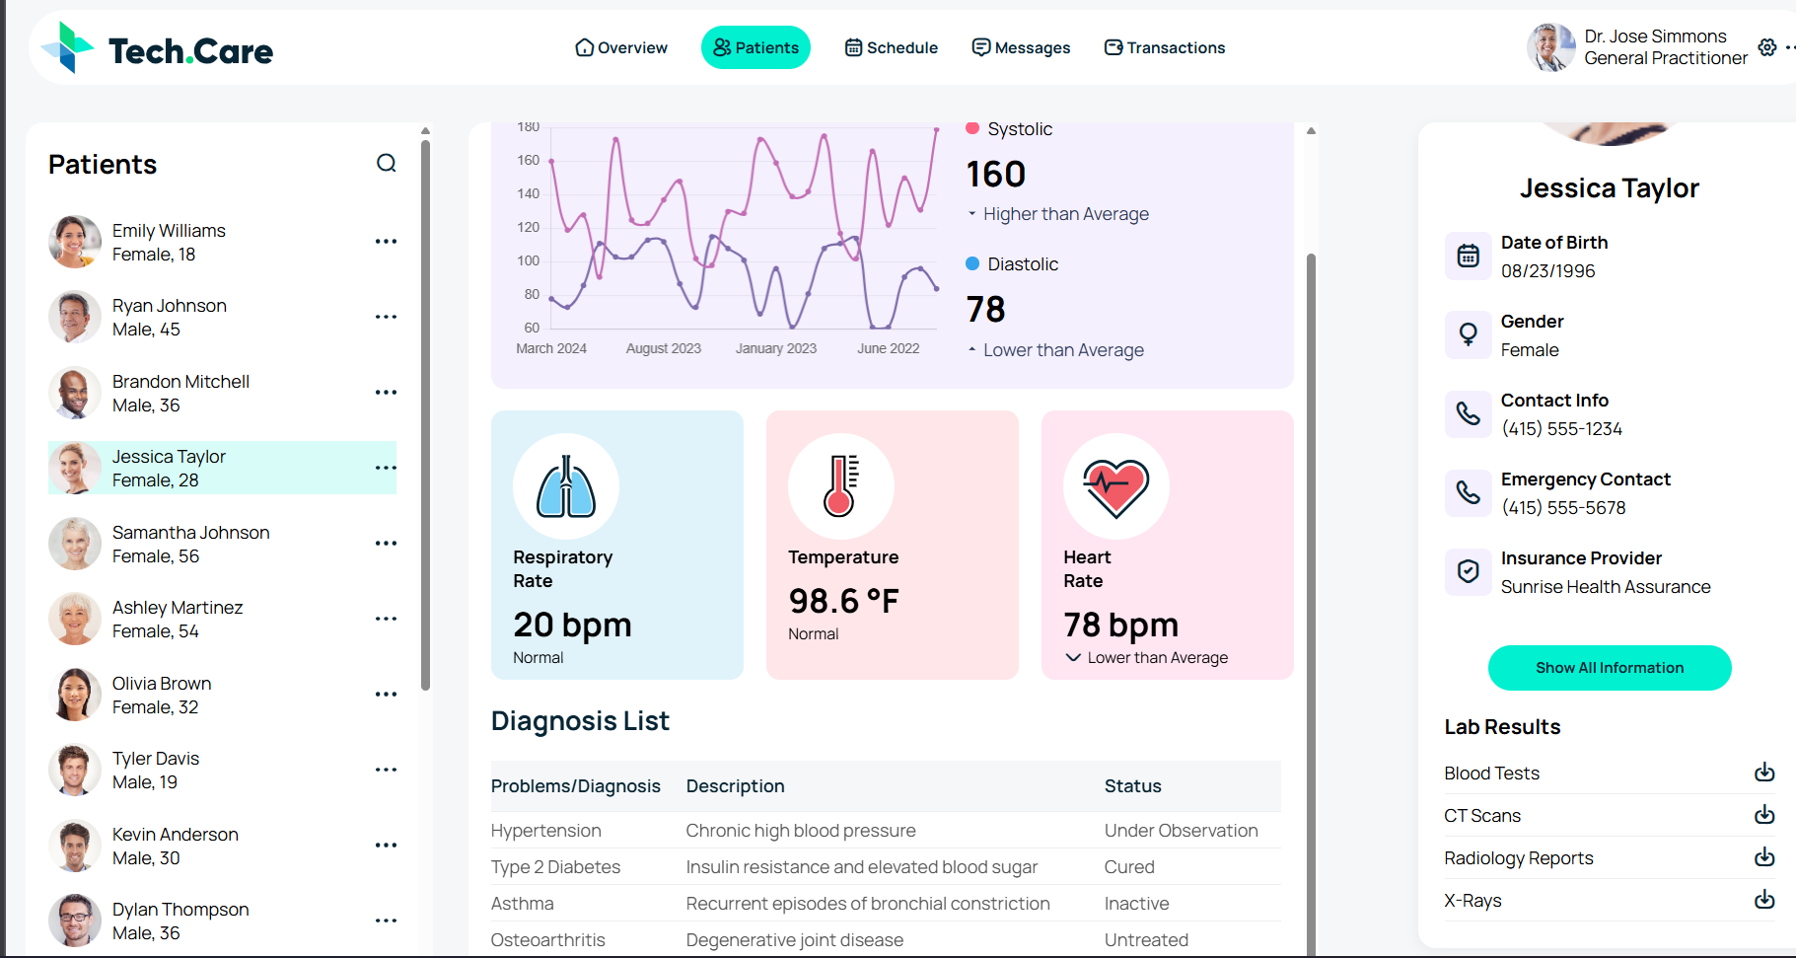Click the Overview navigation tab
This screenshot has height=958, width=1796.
(x=621, y=47)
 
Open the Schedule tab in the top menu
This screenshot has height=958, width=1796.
(x=892, y=47)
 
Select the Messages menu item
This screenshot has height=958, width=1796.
(x=1021, y=47)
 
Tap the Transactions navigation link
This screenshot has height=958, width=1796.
(x=1165, y=47)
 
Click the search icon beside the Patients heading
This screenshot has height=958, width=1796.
(x=387, y=164)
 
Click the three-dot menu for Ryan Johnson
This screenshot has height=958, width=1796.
(x=386, y=317)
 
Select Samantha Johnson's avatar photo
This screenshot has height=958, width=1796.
(x=75, y=544)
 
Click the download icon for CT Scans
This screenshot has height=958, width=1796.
(x=1764, y=815)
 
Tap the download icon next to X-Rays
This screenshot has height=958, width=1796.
(x=1764, y=900)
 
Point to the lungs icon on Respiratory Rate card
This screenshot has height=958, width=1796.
(x=566, y=487)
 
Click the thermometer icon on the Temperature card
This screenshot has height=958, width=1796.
(x=841, y=486)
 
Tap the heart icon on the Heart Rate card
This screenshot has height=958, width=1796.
(x=1116, y=487)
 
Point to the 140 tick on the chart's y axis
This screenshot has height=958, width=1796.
(x=529, y=193)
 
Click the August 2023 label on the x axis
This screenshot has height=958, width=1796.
(x=664, y=348)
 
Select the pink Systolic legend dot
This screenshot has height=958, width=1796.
(x=972, y=128)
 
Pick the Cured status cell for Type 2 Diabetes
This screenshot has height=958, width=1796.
(x=1129, y=866)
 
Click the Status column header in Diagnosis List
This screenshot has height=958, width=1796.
(x=1132, y=786)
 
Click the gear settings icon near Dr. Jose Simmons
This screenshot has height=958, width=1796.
(x=1767, y=47)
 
